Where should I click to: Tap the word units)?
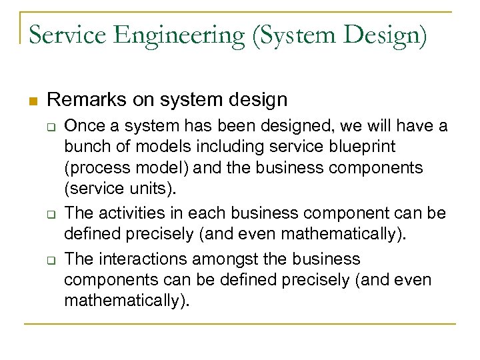coord(154,189)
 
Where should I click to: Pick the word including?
coord(223,146)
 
